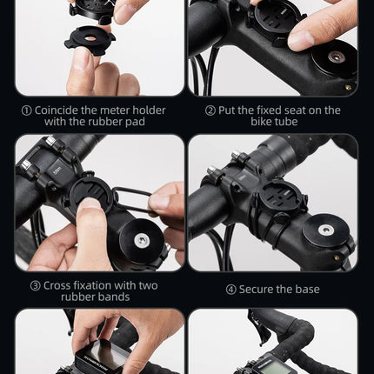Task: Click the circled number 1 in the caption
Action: click(x=27, y=110)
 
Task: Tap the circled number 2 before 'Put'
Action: click(x=210, y=110)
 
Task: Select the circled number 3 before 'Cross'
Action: click(x=35, y=285)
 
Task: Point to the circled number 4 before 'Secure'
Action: click(x=230, y=290)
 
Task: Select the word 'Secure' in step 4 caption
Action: click(x=262, y=290)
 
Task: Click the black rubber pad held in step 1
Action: click(x=90, y=40)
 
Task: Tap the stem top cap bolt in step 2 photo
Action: click(x=334, y=59)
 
